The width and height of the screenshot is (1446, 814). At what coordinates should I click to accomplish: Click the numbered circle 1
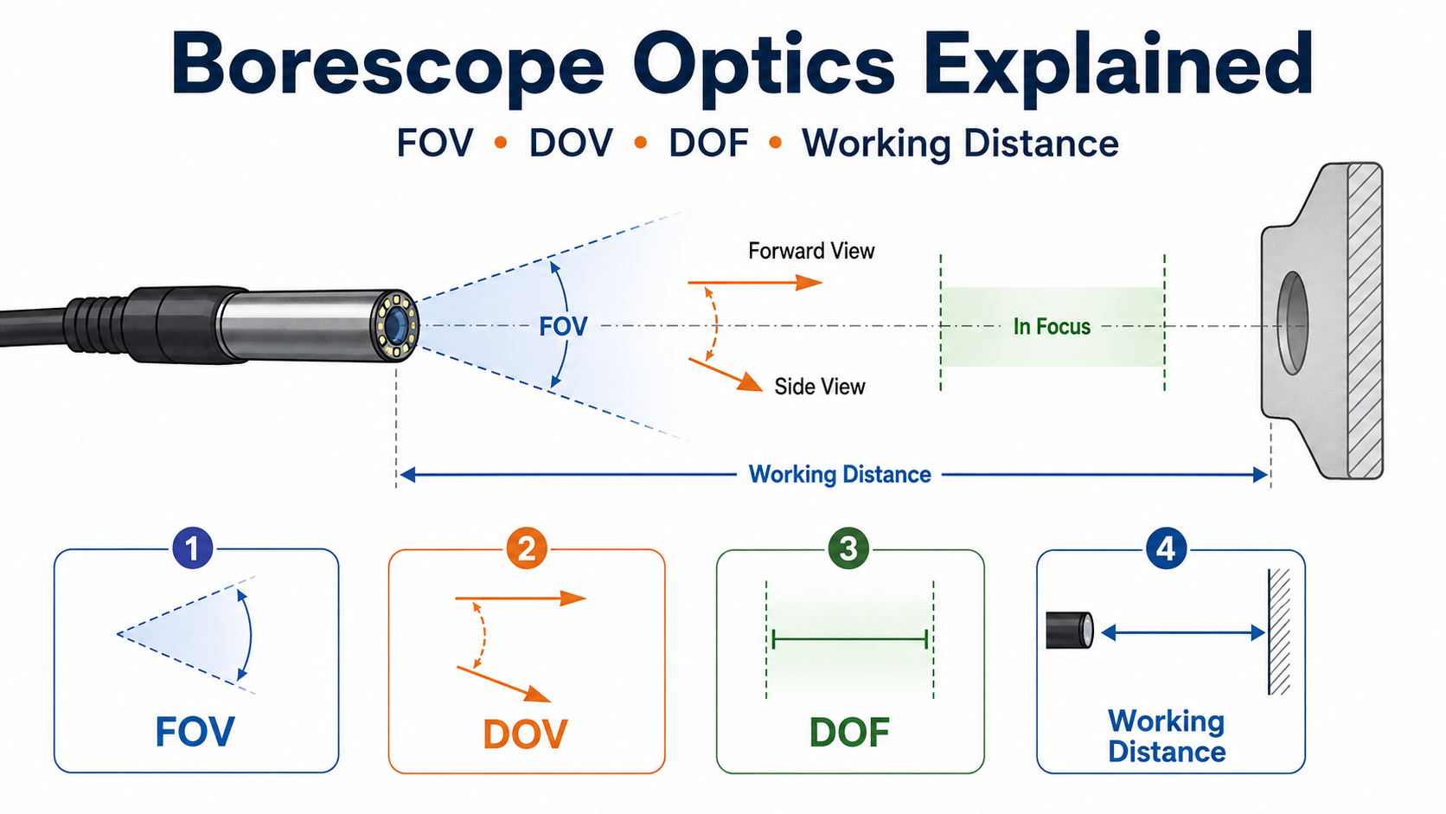[x=192, y=548]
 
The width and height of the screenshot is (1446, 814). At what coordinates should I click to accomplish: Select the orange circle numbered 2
[x=526, y=548]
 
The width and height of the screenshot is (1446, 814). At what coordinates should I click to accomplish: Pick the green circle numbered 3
[x=848, y=548]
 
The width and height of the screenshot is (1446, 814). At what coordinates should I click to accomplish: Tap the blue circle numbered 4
[x=1166, y=548]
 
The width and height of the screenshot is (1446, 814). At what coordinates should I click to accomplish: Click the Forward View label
[x=811, y=251]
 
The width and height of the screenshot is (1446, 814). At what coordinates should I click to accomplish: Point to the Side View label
[x=819, y=386]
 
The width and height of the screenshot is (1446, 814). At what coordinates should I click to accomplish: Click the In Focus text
[x=1052, y=327]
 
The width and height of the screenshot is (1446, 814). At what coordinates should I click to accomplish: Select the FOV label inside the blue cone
[x=563, y=327]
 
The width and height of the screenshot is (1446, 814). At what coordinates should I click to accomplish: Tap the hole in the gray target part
[x=1293, y=323]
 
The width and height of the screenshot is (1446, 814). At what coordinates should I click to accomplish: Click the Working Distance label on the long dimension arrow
[x=839, y=474]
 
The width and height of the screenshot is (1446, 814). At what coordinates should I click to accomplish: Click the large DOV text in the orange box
[x=526, y=734]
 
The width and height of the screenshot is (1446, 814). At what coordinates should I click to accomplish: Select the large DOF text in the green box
[x=849, y=732]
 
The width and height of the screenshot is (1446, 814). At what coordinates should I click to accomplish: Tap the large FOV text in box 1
[x=195, y=731]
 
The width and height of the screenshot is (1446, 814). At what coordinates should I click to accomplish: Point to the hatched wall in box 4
[x=1279, y=631]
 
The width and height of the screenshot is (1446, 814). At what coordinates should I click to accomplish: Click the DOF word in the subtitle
[x=708, y=143]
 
